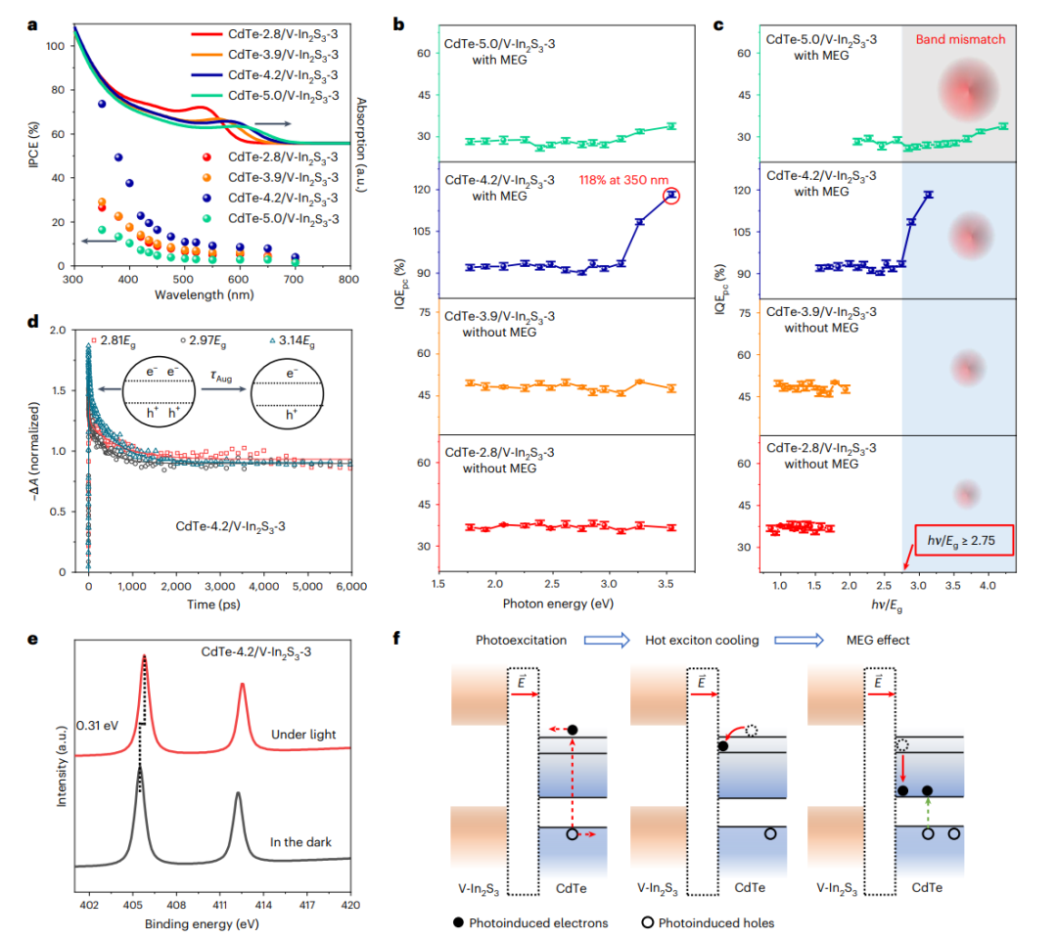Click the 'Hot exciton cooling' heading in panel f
click(x=701, y=641)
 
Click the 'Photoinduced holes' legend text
click(x=715, y=922)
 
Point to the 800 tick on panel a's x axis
click(x=348, y=280)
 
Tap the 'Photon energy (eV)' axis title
click(x=545, y=604)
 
